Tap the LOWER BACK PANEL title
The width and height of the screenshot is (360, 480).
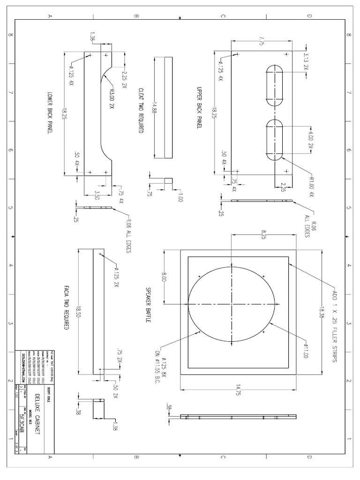[x=50, y=113]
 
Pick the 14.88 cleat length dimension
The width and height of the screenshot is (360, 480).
[x=154, y=108]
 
